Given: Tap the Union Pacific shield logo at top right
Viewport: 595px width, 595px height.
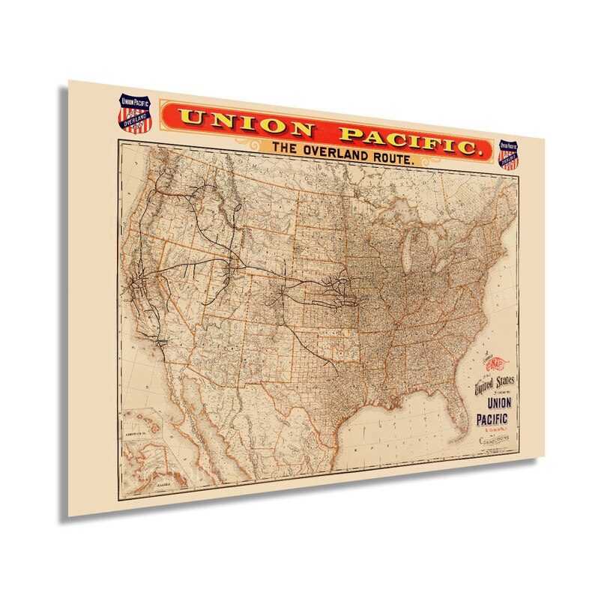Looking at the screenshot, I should tap(510, 154).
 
